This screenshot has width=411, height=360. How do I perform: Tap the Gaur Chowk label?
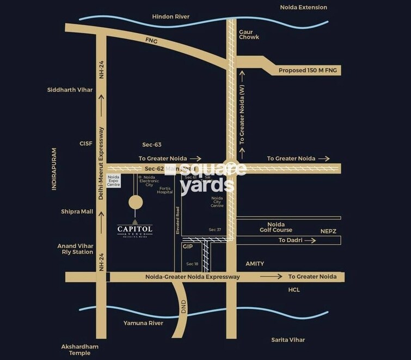(x=249, y=34)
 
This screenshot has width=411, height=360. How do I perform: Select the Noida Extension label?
(x=303, y=8)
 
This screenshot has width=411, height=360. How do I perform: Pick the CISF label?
(x=86, y=144)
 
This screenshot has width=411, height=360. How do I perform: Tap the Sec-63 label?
(x=151, y=145)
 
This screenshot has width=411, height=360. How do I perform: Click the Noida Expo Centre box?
(x=113, y=181)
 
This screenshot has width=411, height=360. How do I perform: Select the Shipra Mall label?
(x=77, y=212)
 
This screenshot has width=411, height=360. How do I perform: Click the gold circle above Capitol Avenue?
(x=136, y=202)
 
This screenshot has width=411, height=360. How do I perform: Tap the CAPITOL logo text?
(x=135, y=229)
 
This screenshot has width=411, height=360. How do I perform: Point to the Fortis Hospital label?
(x=165, y=190)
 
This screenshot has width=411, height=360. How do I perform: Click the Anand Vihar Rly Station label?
(x=75, y=249)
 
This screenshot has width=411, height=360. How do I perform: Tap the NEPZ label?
(x=328, y=231)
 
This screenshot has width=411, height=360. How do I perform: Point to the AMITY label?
(x=255, y=264)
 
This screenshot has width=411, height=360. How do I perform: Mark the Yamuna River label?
(x=143, y=323)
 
